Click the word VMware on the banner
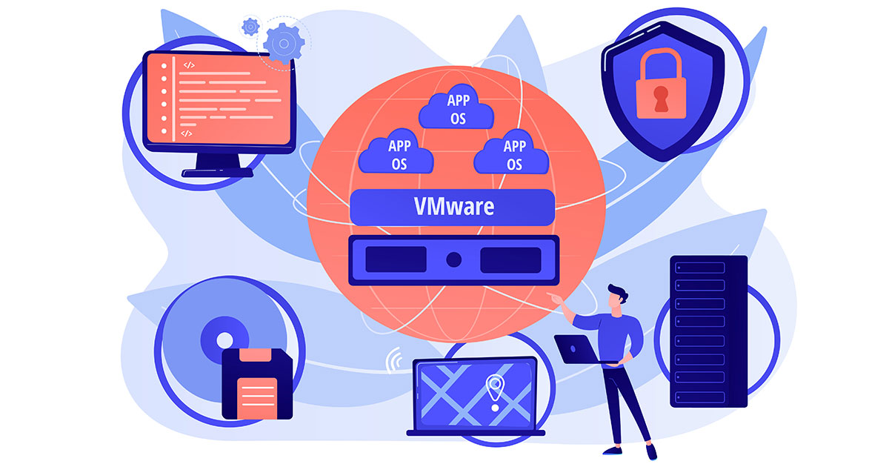(x=454, y=207)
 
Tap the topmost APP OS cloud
(x=456, y=107)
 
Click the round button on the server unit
(x=453, y=259)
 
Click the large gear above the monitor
(x=284, y=43)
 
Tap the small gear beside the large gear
(x=250, y=27)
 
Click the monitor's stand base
(x=218, y=172)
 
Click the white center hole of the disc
(x=224, y=340)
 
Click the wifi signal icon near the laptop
(x=394, y=360)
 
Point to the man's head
(x=617, y=297)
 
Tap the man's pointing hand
(x=556, y=298)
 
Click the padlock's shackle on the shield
(x=661, y=64)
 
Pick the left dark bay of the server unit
(x=396, y=259)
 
